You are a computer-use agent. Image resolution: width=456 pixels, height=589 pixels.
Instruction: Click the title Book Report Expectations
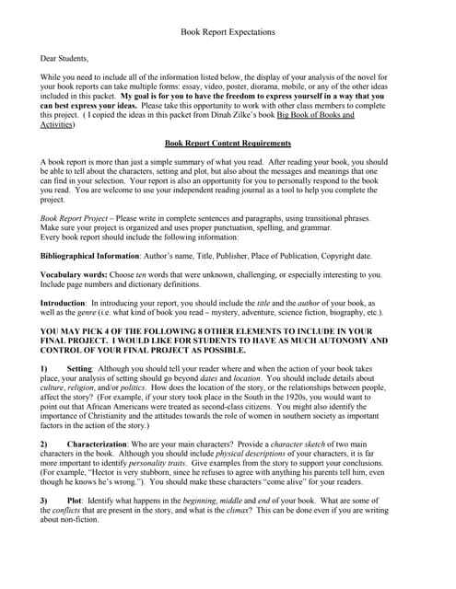(228, 31)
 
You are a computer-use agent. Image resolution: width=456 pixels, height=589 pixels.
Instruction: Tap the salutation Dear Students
(64, 58)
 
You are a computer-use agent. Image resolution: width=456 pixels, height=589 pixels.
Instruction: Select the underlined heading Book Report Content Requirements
(228, 144)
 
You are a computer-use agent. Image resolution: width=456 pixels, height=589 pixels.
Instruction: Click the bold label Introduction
(64, 303)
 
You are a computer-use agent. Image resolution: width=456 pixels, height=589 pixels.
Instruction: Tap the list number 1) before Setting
(44, 368)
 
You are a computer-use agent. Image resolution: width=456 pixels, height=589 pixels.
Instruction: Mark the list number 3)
(44, 500)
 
